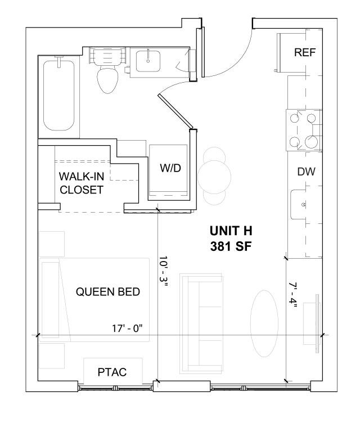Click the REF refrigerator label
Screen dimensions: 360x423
tap(305, 52)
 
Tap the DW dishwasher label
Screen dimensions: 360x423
tap(307, 172)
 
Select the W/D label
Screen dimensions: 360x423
tap(170, 168)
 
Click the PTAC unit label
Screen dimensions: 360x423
tap(112, 372)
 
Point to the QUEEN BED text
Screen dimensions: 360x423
tap(108, 292)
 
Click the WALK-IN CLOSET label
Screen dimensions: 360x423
tap(82, 183)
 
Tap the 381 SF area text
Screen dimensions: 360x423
tap(231, 246)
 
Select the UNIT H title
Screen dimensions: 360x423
tap(231, 231)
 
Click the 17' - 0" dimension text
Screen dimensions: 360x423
tap(127, 328)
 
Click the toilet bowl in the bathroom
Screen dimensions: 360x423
tap(107, 80)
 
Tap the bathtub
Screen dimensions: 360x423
tap(59, 96)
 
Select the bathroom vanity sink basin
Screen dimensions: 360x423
tap(148, 61)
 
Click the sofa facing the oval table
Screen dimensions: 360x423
tap(201, 324)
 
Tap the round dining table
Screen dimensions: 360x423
tap(214, 177)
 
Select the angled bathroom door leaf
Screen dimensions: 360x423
tap(175, 111)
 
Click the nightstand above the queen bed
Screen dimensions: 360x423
tap(52, 244)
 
